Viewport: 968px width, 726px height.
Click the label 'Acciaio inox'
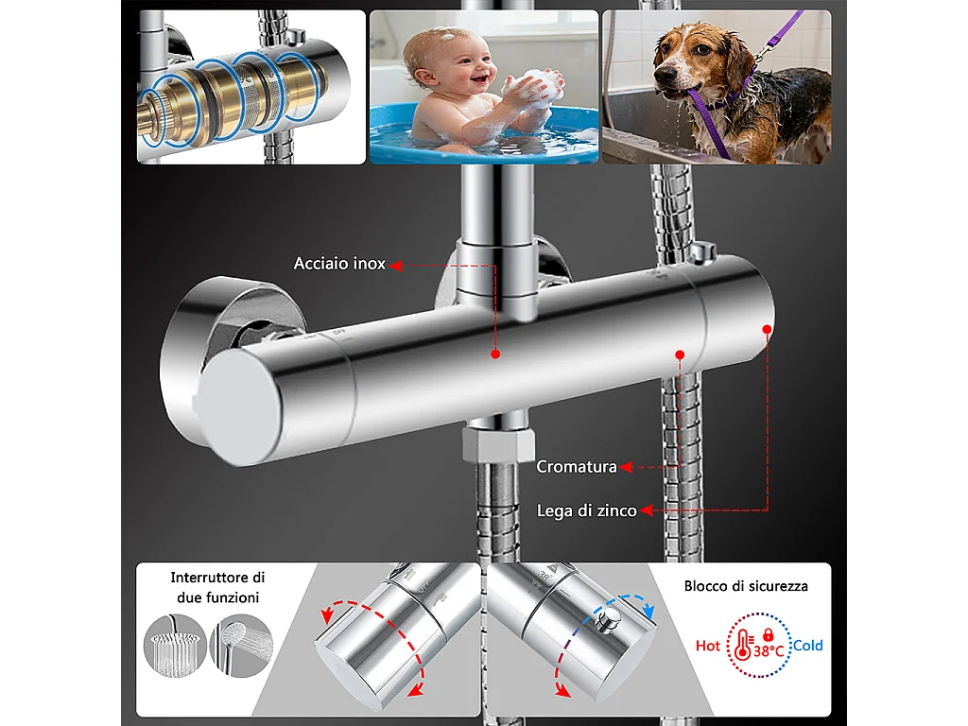tap(339, 264)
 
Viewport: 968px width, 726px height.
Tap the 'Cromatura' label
tap(577, 466)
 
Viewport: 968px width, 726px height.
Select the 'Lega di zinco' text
tap(586, 510)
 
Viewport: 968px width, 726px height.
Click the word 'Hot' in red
tap(708, 646)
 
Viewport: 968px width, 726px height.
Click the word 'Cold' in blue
tap(807, 646)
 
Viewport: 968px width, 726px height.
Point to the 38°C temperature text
tap(768, 651)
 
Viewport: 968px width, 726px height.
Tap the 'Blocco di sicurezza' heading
tap(746, 586)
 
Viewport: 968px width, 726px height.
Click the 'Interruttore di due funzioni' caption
tap(217, 587)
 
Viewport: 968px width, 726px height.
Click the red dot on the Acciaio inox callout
tap(494, 354)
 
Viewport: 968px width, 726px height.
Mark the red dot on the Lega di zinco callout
tap(767, 329)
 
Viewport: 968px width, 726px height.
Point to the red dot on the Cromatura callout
tap(679, 354)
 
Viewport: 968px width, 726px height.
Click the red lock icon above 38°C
tap(768, 632)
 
